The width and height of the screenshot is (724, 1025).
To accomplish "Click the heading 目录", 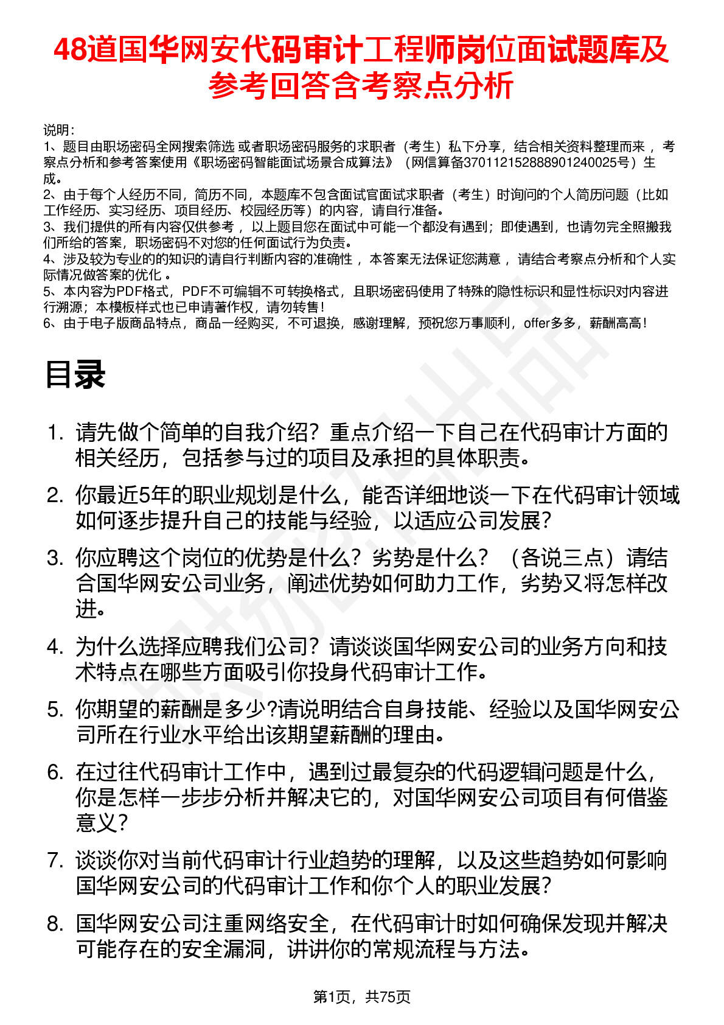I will [75, 374].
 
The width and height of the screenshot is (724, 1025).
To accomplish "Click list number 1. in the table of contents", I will [56, 433].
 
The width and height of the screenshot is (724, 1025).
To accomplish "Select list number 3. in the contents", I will [56, 558].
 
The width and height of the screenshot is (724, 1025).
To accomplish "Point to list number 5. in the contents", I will [56, 710].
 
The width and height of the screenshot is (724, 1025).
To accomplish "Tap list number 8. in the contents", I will [56, 924].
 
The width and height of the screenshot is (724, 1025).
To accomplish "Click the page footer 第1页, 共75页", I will [361, 996].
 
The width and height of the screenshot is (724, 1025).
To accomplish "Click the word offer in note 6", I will [537, 323].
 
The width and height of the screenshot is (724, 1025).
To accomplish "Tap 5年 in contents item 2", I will [155, 495].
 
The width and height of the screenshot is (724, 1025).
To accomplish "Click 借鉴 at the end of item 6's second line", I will [647, 797].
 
